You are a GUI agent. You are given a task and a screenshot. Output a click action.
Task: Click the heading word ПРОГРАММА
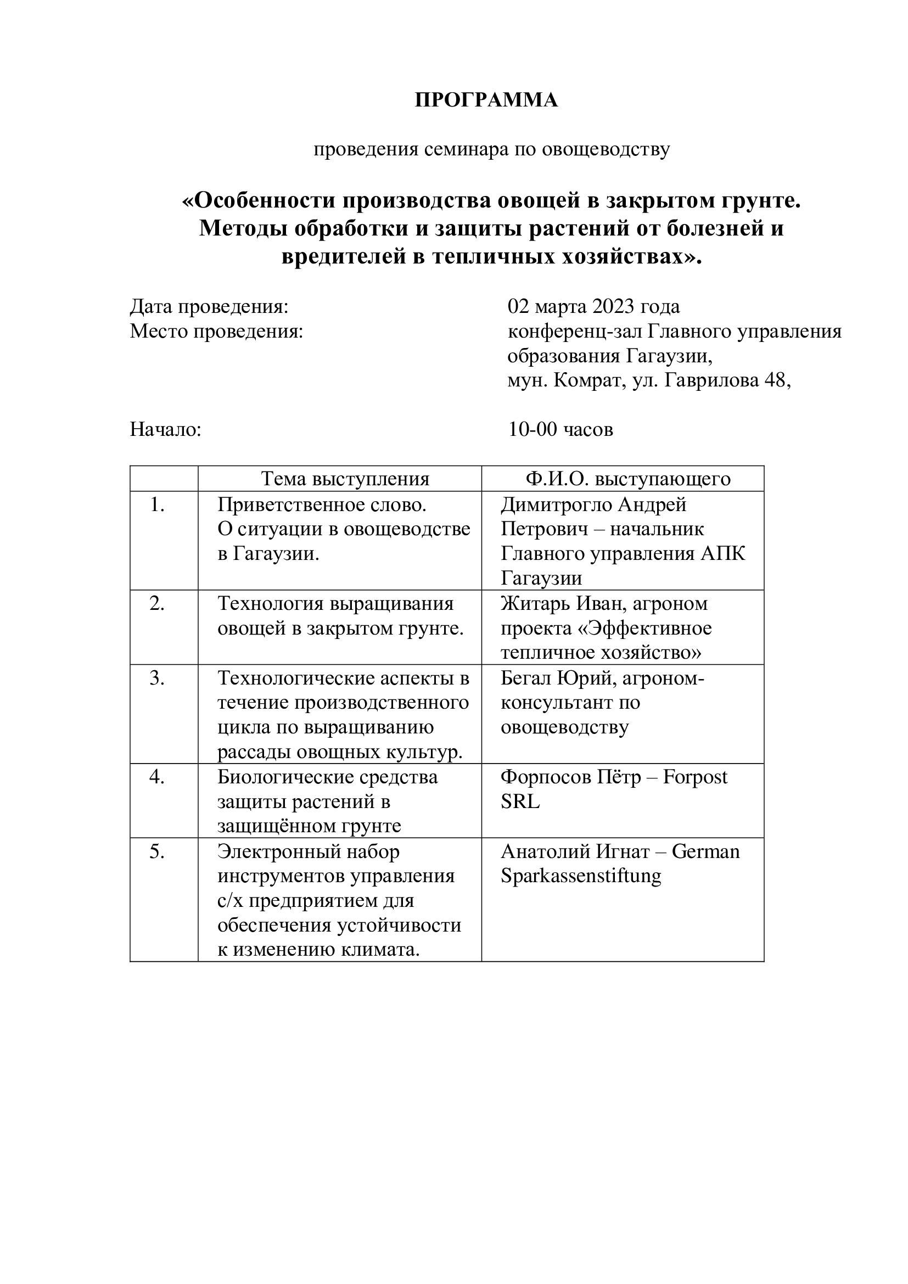coord(486,100)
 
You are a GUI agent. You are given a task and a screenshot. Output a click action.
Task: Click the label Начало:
coord(165,429)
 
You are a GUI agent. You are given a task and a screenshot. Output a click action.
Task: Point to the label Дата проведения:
coord(209,307)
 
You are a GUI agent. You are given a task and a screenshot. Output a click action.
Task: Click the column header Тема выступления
coord(345,479)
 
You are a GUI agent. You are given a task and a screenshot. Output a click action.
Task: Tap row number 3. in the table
coord(157,678)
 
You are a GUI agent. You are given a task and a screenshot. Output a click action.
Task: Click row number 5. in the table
coord(157,851)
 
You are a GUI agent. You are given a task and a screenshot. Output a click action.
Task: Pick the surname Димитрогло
coord(556,505)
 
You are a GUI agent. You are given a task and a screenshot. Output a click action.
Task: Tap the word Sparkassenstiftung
coord(580,876)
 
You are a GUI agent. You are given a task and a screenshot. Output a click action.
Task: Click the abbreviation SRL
coord(520,802)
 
